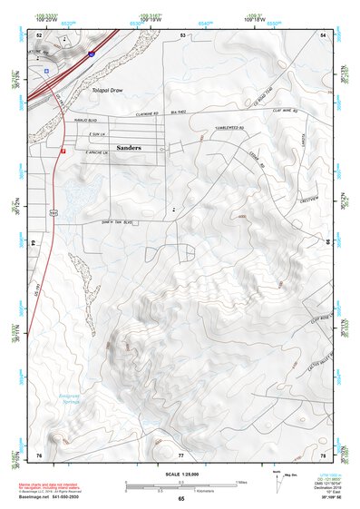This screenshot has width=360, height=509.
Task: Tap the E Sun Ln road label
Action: (93, 134)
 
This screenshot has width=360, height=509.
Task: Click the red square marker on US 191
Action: (63, 152)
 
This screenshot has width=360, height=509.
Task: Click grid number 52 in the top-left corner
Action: (39, 34)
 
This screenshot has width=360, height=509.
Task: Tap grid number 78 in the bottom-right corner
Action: (323, 453)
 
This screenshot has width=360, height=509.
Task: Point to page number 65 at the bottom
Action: (181, 499)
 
